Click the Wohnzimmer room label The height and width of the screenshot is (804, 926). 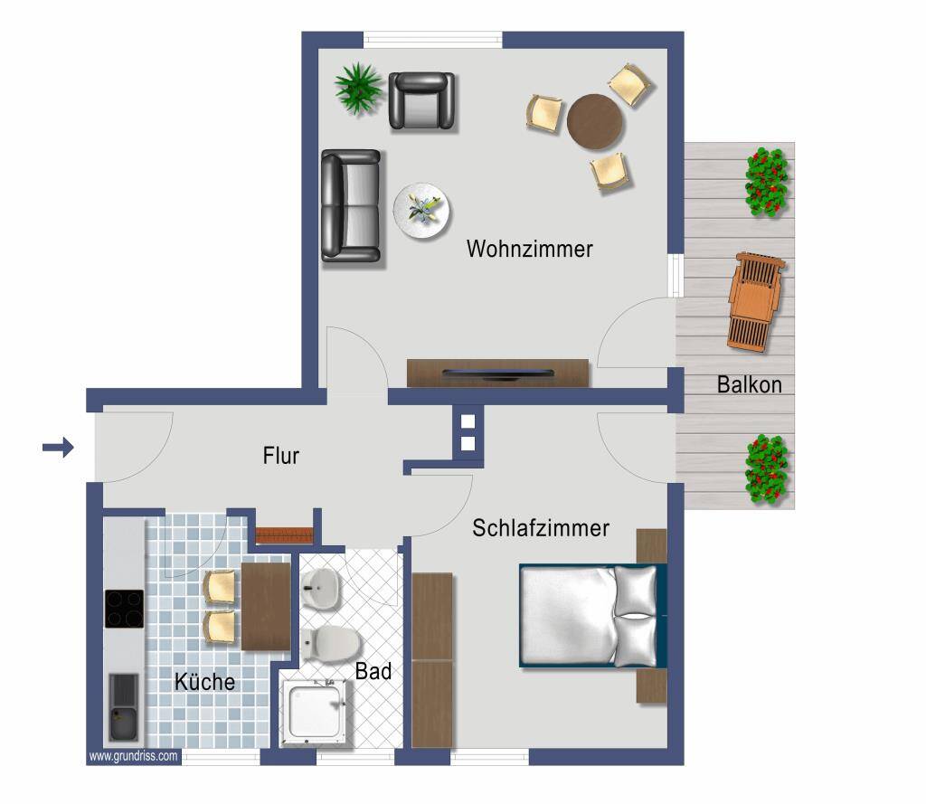529,249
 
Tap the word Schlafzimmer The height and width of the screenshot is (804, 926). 541,528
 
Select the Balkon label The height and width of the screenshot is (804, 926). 749,384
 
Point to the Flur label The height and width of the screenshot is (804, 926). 281,456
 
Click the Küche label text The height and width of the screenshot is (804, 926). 204,682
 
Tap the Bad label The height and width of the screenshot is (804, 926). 373,672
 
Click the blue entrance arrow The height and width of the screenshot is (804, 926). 59,447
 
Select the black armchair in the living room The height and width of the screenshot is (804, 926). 421,100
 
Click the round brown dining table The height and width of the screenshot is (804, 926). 594,122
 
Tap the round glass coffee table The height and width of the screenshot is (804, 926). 421,212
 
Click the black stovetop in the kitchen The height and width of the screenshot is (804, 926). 124,609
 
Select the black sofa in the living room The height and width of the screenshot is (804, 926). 351,205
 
